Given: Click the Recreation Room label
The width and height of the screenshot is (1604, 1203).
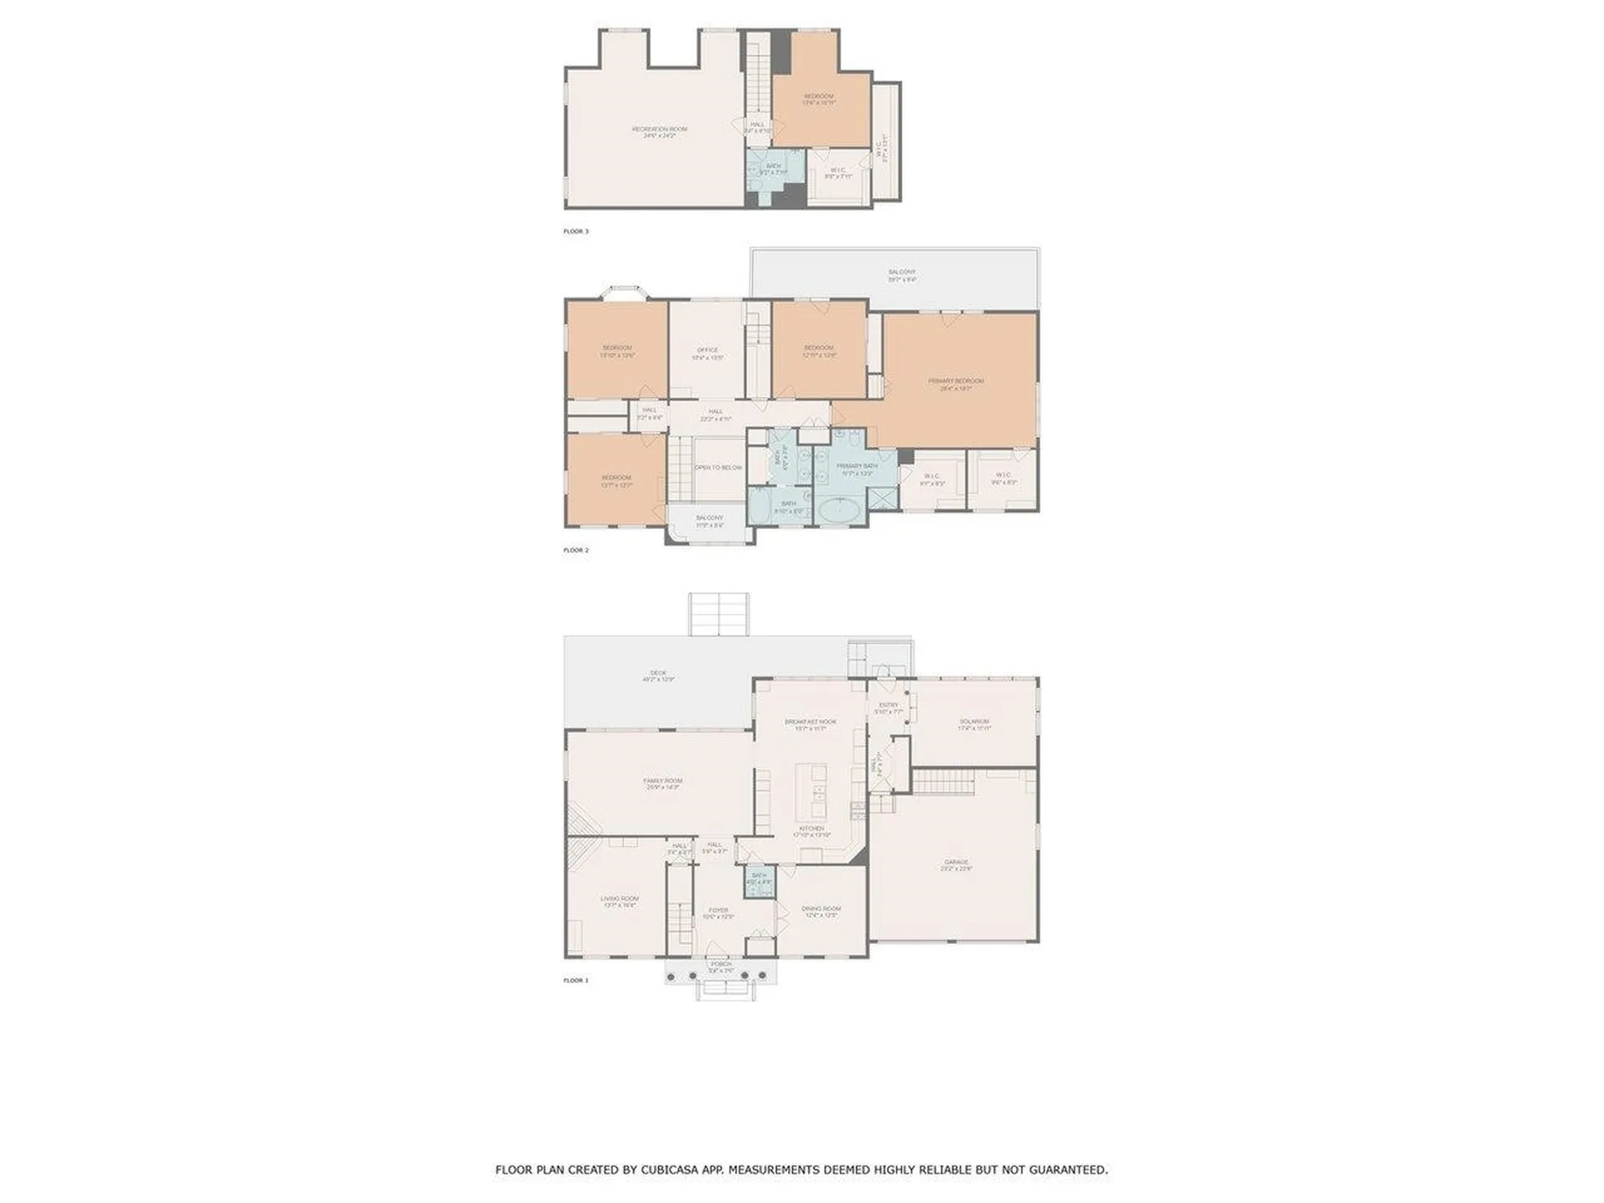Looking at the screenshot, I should coord(659,129).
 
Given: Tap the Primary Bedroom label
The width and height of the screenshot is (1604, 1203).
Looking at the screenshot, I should coord(956,382).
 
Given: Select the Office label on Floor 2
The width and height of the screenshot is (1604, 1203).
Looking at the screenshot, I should coord(707,351).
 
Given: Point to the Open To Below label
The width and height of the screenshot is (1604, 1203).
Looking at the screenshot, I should coord(718,468).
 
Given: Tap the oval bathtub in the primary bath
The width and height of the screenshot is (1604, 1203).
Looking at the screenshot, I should coord(841,509).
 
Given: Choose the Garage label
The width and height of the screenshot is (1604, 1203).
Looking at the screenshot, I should coord(957,863).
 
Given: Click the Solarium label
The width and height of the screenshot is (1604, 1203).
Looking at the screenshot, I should coord(974,722).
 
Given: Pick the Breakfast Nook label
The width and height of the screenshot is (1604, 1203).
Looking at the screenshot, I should coord(810,723).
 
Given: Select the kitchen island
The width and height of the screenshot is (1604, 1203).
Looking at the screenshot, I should coord(811,790).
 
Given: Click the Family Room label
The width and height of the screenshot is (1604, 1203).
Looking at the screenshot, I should coord(662,781).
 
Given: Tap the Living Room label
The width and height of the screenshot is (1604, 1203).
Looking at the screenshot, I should coord(619,900).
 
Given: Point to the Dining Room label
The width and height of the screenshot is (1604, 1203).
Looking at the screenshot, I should coord(821,910).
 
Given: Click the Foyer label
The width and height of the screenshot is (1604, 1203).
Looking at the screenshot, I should coord(718,911).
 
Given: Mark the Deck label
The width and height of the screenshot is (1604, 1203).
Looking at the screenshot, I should coord(658,673).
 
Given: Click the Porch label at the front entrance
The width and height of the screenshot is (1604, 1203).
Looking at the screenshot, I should coord(720,964).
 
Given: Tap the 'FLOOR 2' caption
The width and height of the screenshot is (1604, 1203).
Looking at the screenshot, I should coord(576,551).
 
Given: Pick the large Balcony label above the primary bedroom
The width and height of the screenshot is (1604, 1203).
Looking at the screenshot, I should coord(901,272).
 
